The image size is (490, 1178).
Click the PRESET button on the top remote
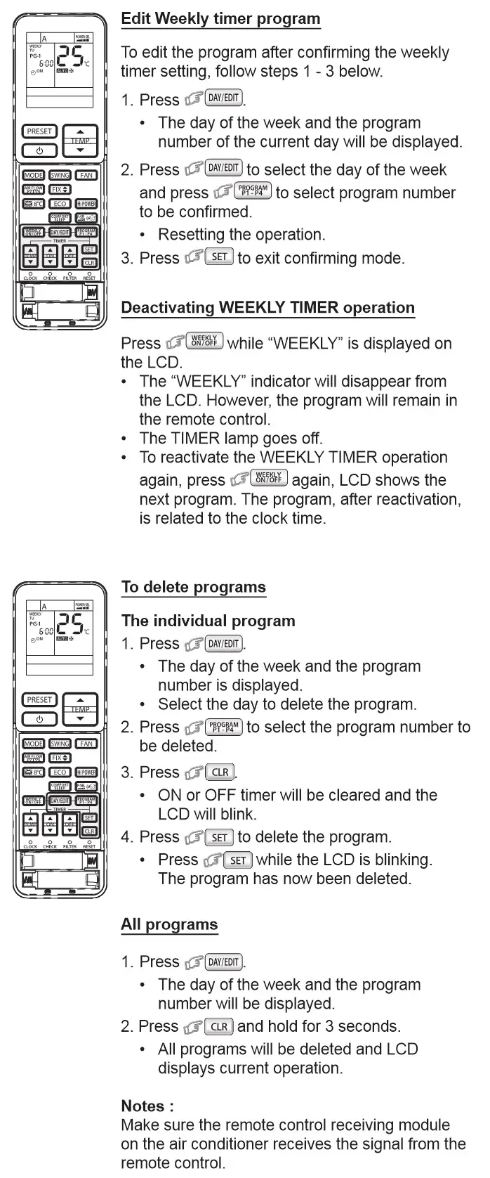click(x=39, y=131)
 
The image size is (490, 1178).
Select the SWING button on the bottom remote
click(x=60, y=744)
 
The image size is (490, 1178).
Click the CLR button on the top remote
click(x=89, y=263)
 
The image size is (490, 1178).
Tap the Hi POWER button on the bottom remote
click(x=86, y=772)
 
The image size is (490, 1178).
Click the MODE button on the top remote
click(x=33, y=176)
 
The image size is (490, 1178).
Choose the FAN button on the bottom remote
click(x=86, y=744)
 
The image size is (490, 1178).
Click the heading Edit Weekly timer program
click(x=220, y=19)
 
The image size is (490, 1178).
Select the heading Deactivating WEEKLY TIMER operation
click(x=267, y=308)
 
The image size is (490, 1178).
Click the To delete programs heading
click(x=193, y=588)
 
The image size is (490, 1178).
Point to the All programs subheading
click(x=169, y=925)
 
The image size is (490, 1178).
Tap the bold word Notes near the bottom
click(x=147, y=1106)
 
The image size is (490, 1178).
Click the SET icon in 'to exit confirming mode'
click(x=219, y=257)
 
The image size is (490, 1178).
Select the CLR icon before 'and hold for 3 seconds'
click(x=219, y=1026)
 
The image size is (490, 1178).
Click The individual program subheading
click(x=208, y=621)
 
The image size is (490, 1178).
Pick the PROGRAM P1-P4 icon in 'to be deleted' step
click(x=224, y=727)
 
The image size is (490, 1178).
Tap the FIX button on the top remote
click(x=60, y=190)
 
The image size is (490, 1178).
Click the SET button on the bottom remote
click(x=89, y=817)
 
